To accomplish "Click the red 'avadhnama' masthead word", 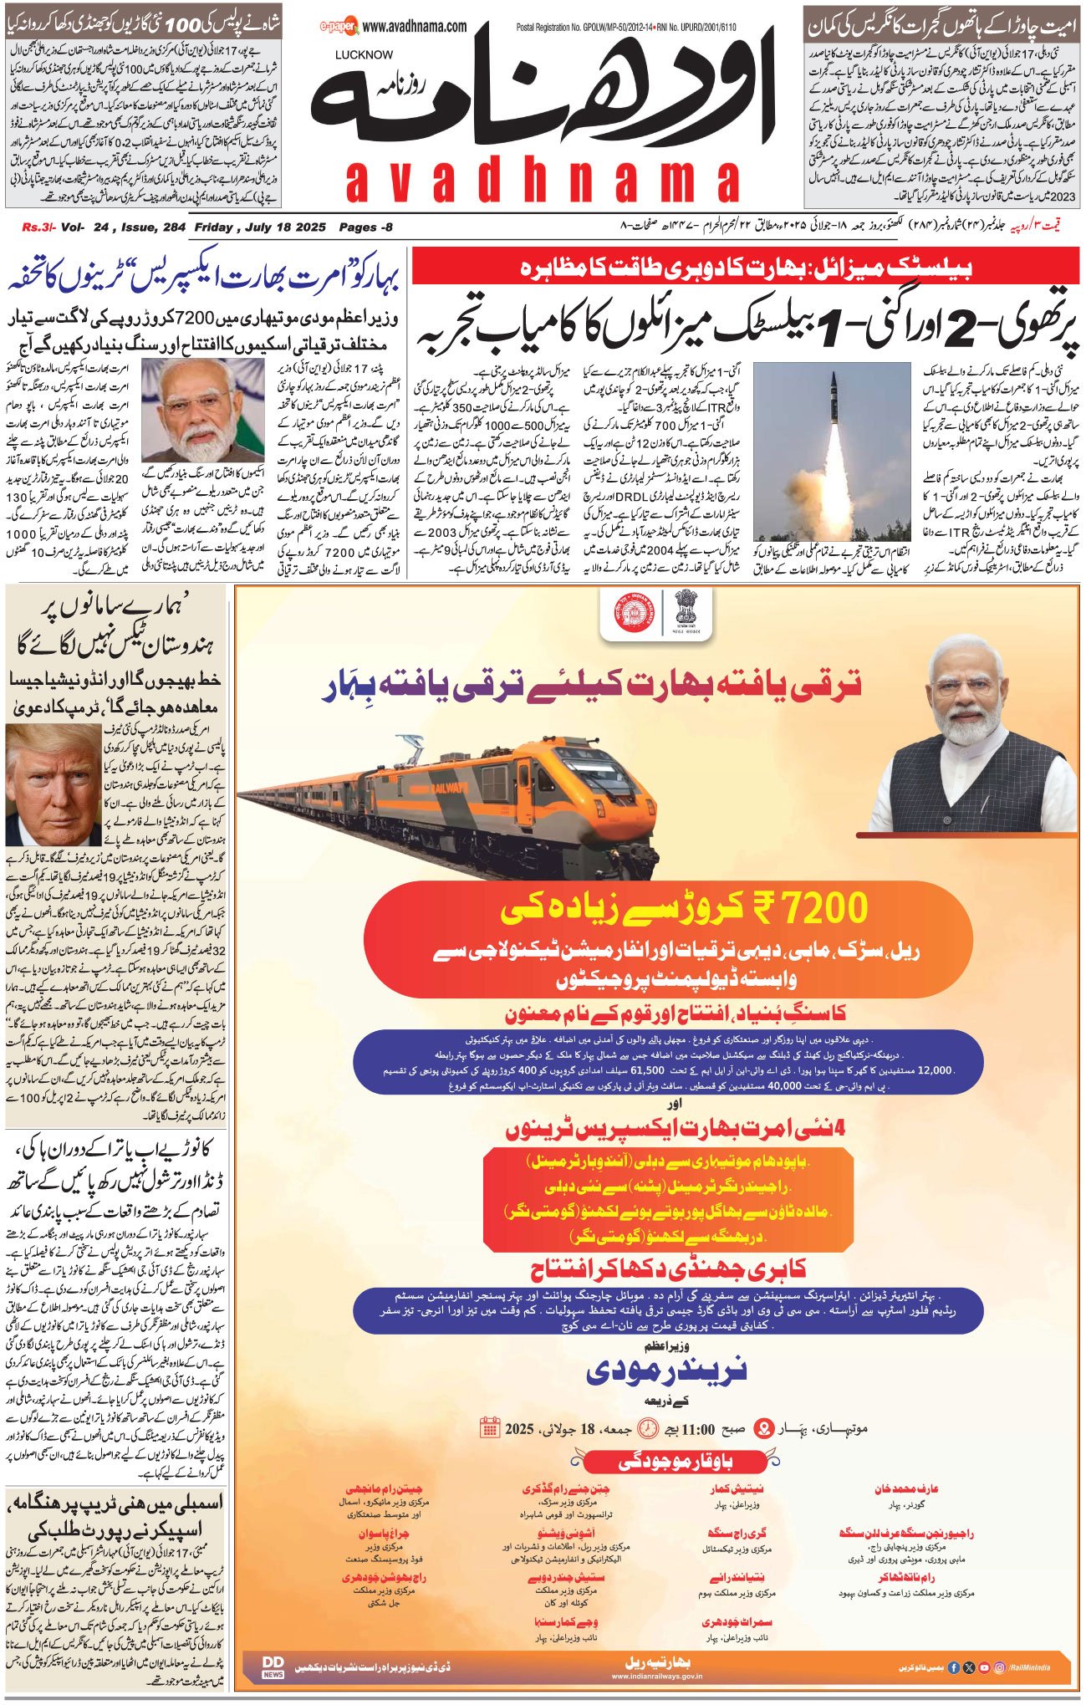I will coord(543,181).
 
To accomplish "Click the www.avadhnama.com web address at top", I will coord(415,27).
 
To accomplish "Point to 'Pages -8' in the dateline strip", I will coord(365,227).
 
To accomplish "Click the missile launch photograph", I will coord(831,451).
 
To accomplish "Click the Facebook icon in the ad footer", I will coord(954,1667).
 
